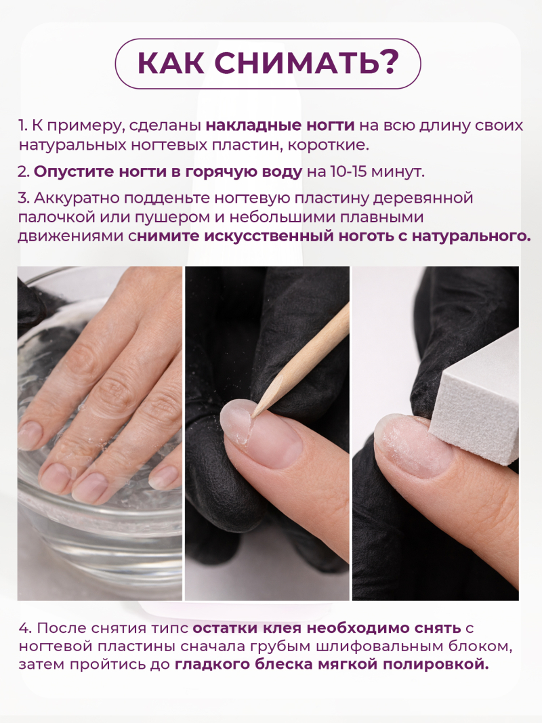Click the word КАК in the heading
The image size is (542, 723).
click(173, 64)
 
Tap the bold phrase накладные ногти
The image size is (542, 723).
click(280, 126)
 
